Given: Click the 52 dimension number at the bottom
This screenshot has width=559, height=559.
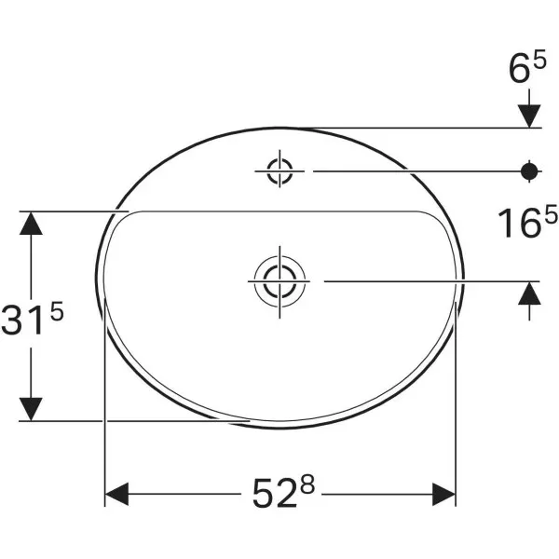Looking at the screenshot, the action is [275, 494].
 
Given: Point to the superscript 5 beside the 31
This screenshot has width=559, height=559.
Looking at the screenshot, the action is [56, 310].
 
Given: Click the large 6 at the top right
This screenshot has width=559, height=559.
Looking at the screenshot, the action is [520, 70].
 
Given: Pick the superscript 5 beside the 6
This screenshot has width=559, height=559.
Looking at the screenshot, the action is [539, 59].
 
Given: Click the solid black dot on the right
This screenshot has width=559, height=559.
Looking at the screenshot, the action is [529, 171].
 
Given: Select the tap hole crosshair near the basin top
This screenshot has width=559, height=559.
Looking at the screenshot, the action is [279, 171].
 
